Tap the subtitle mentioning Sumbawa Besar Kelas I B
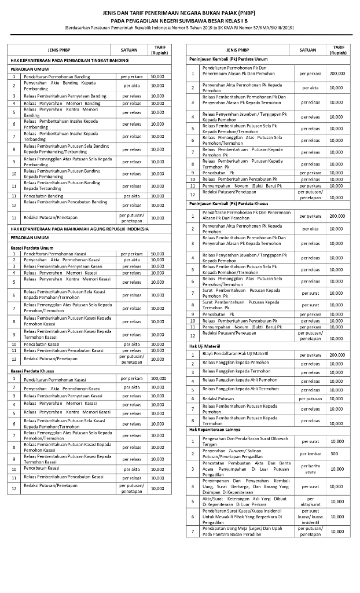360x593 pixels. [179, 20]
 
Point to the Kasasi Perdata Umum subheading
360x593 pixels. [32, 247]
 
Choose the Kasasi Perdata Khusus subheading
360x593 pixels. [33, 371]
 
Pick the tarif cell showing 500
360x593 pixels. [335, 453]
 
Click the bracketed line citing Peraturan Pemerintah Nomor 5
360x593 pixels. [179, 27]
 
